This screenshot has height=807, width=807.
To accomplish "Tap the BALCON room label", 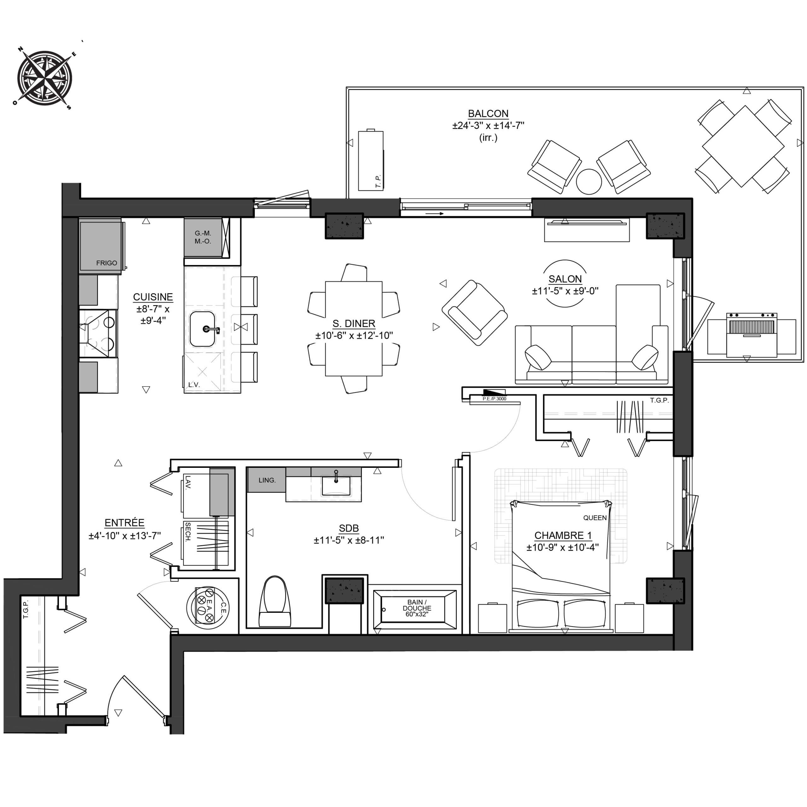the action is click(x=488, y=113).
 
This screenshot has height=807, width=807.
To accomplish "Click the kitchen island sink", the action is click(x=203, y=329).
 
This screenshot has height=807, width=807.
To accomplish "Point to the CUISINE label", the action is click(x=153, y=297).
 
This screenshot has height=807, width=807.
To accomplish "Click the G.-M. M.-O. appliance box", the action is click(x=203, y=237).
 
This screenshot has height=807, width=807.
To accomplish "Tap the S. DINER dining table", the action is click(x=353, y=329).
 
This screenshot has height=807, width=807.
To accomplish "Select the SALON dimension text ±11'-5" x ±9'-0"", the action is click(x=565, y=291).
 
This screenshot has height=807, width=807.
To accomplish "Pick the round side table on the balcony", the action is click(x=589, y=181).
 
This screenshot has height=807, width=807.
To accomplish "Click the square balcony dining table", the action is click(x=743, y=146).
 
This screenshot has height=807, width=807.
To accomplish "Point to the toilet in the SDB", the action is click(x=275, y=601).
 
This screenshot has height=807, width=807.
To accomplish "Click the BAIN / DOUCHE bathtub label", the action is click(x=416, y=608).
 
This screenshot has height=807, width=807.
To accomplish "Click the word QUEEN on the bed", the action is click(x=595, y=518).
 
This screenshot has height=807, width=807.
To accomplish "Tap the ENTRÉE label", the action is click(x=125, y=523).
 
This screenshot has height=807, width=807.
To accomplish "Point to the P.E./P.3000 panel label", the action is click(x=494, y=399).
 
